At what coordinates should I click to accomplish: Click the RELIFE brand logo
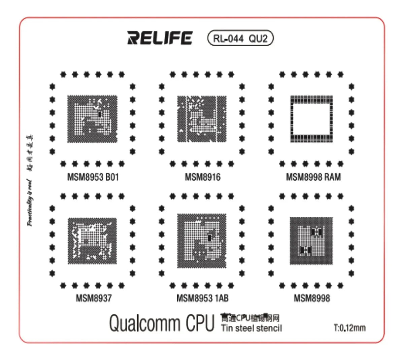pyautogui.click(x=160, y=38)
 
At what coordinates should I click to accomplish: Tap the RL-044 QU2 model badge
pyautogui.click(x=240, y=38)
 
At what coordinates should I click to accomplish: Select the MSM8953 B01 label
pyautogui.click(x=93, y=177)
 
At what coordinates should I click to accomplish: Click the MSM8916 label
pyautogui.click(x=203, y=177)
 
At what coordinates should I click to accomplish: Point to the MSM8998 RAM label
pyautogui.click(x=313, y=177)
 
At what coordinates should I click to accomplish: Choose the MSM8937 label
pyautogui.click(x=94, y=298)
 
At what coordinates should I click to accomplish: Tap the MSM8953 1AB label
pyautogui.click(x=202, y=298)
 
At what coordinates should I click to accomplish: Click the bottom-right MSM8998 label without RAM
pyautogui.click(x=312, y=298)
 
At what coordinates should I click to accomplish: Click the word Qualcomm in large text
pyautogui.click(x=145, y=323)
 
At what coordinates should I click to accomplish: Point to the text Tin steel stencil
pyautogui.click(x=251, y=328)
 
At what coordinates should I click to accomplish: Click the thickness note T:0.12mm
pyautogui.click(x=349, y=328)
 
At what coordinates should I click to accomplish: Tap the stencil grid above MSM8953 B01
pyautogui.click(x=93, y=119)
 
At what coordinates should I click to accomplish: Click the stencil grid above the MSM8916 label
pyautogui.click(x=202, y=119)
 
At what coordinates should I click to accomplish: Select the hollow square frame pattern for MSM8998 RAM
pyautogui.click(x=311, y=119)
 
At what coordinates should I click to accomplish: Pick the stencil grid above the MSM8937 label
pyautogui.click(x=93, y=241)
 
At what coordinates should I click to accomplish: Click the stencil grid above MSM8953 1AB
pyautogui.click(x=202, y=241)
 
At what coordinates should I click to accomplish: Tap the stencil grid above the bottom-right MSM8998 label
pyautogui.click(x=311, y=241)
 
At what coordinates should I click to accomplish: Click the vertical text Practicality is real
pyautogui.click(x=30, y=203)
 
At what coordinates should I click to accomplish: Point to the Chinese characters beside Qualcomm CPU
pyautogui.click(x=250, y=318)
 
